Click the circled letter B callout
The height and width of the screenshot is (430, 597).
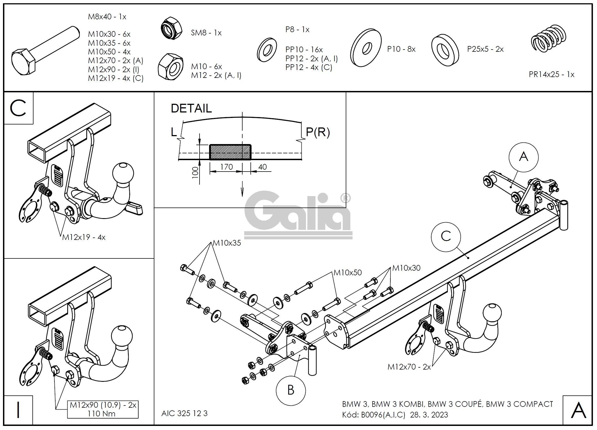pos(290,390)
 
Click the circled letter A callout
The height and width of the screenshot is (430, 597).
pos(523,157)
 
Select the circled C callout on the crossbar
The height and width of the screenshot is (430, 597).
pos(446,236)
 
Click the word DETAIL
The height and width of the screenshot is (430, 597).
pos(191,108)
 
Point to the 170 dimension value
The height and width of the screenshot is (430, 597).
pos(226,167)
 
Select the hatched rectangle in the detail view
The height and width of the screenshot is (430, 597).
pos(230,152)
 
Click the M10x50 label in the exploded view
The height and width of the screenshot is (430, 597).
pos(348,272)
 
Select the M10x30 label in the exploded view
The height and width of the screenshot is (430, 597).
pos(406,268)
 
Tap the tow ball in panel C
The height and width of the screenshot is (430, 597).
pos(123,172)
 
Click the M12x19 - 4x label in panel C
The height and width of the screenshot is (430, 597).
pos(84,237)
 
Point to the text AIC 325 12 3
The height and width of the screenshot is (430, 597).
pos(184,413)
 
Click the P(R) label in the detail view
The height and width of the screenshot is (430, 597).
pos(318,132)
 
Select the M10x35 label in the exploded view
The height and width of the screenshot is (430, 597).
pos(227,243)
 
